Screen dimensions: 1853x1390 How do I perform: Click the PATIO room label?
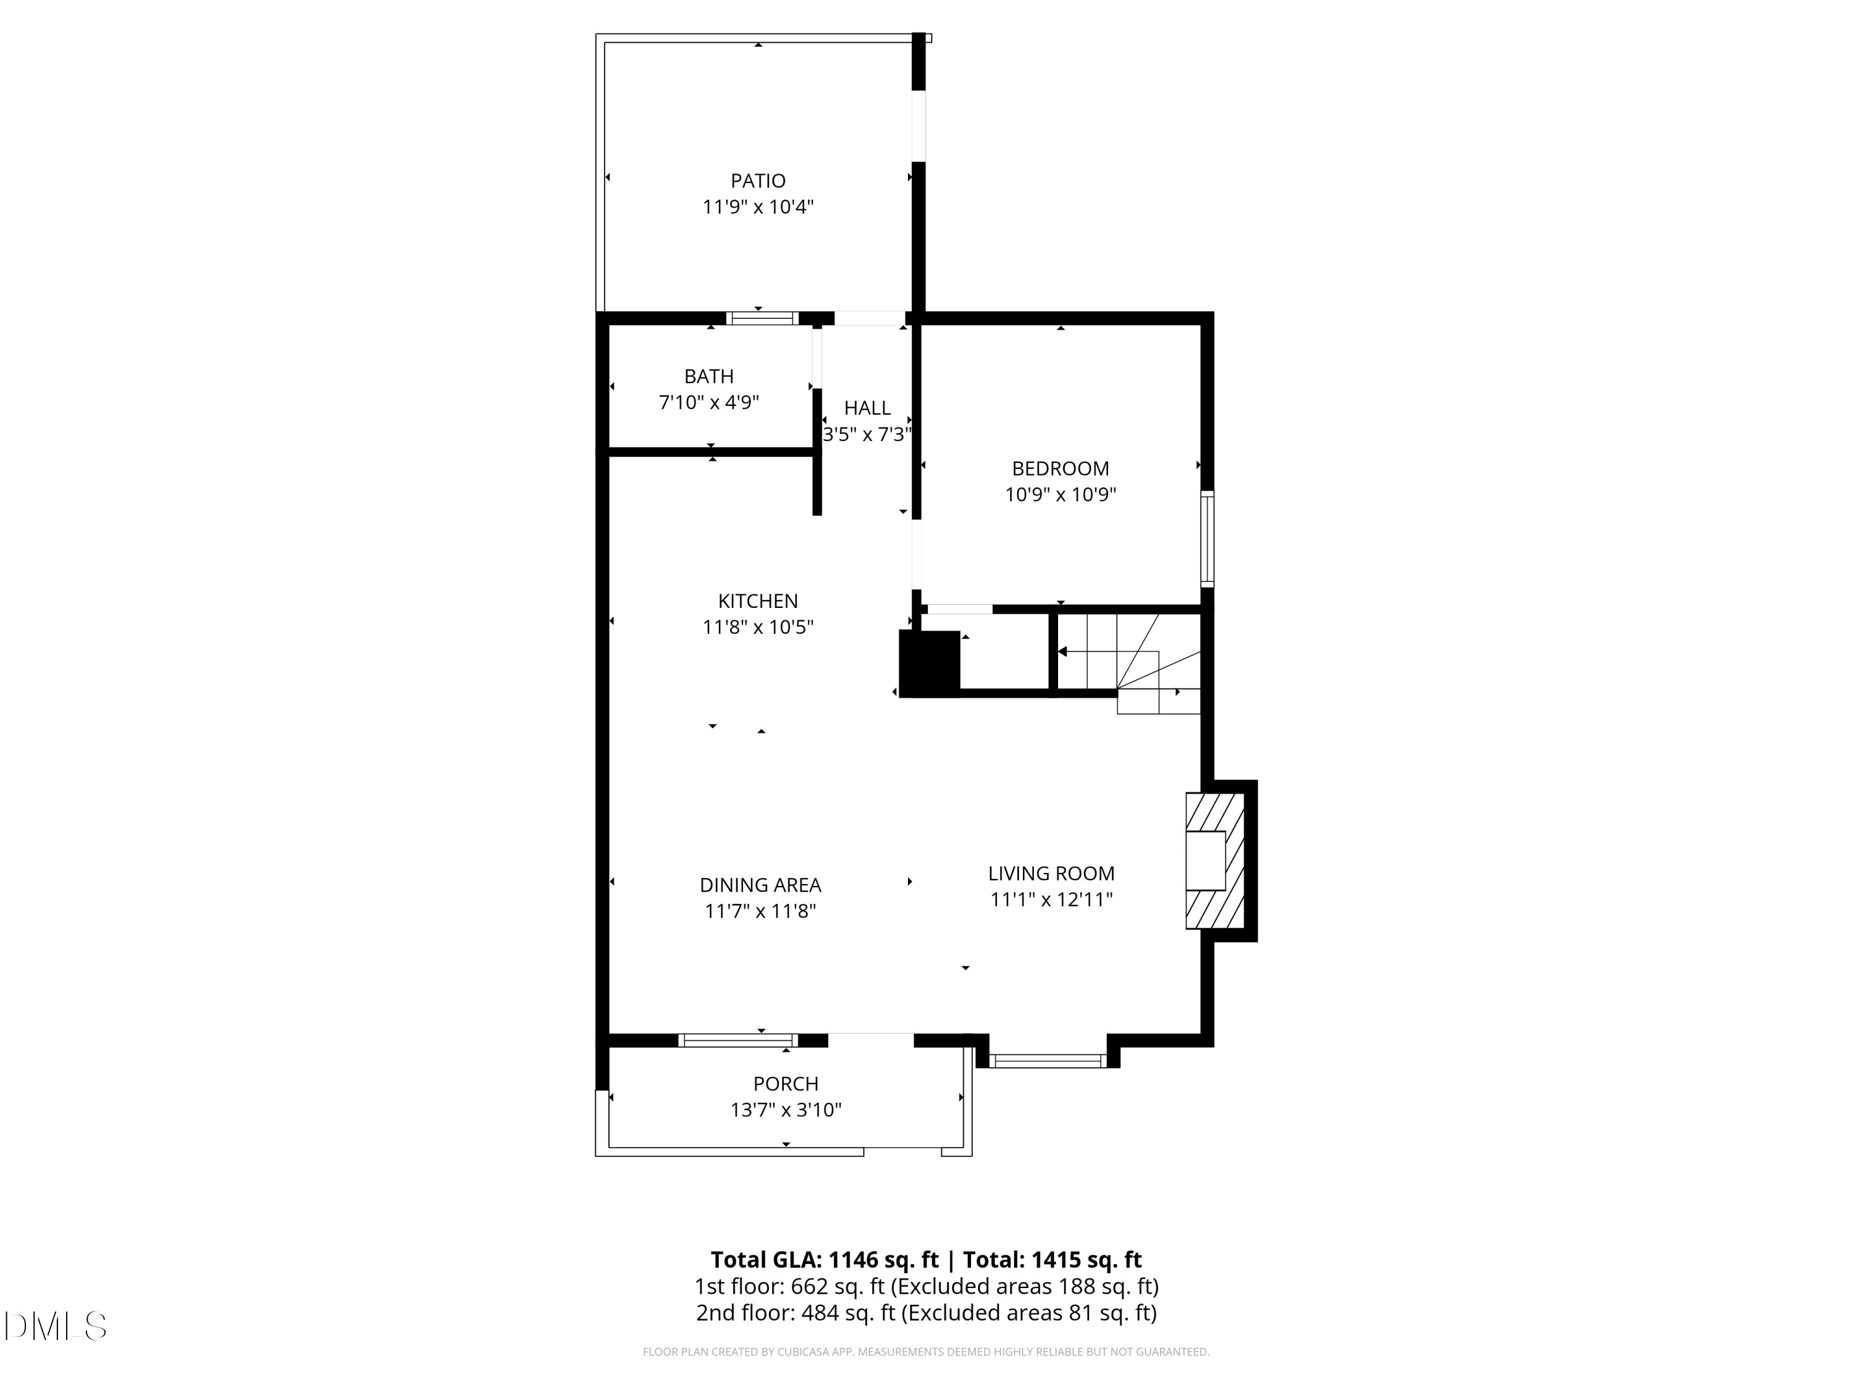pyautogui.click(x=758, y=181)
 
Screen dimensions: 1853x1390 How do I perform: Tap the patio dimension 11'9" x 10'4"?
pyautogui.click(x=758, y=207)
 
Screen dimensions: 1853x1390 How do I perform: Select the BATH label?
pyautogui.click(x=708, y=377)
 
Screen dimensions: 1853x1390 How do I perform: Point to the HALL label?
pyautogui.click(x=867, y=408)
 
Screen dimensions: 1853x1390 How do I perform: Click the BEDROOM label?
pyautogui.click(x=1061, y=469)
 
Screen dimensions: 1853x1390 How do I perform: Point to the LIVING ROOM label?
pyautogui.click(x=1051, y=874)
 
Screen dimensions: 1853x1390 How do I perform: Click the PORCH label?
pyautogui.click(x=786, y=1084)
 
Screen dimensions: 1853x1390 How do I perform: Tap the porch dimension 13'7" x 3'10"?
pyautogui.click(x=786, y=1110)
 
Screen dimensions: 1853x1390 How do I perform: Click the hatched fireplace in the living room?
pyautogui.click(x=1215, y=861)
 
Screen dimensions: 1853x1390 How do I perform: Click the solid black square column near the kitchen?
pyautogui.click(x=929, y=663)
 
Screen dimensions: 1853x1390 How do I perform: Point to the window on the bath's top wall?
pyautogui.click(x=762, y=318)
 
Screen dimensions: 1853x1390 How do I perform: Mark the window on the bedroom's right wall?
pyautogui.click(x=1207, y=538)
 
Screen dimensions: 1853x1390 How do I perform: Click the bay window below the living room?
pyautogui.click(x=1048, y=1061)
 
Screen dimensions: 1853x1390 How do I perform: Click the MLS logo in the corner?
pyautogui.click(x=56, y=1326)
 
